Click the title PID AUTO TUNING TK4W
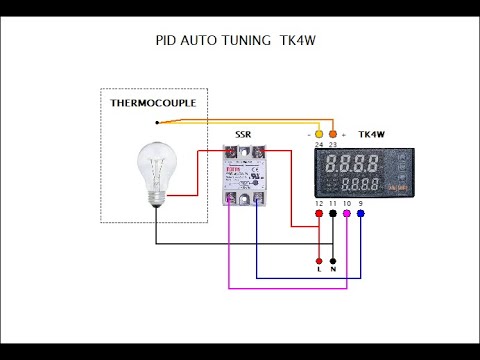(222, 42)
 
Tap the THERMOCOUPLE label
(153, 103)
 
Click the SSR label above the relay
(243, 134)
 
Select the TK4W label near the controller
(372, 133)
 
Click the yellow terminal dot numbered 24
(319, 133)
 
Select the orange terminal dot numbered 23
(333, 133)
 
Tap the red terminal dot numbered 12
(319, 213)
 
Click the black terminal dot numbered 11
(333, 213)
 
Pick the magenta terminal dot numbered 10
(347, 213)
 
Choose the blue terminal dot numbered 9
(361, 213)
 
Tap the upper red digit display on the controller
(357, 164)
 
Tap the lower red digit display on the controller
(357, 184)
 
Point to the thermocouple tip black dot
(157, 122)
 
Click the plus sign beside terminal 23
(344, 133)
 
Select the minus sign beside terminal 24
(308, 133)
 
